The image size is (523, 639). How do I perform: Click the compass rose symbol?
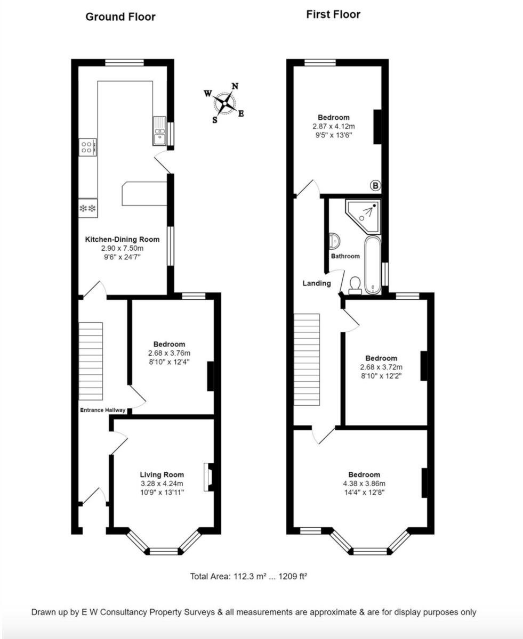[x=224, y=103]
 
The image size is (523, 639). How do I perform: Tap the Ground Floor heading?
[x=120, y=17]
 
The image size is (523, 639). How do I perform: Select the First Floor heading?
[x=333, y=15]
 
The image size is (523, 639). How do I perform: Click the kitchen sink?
[x=159, y=131]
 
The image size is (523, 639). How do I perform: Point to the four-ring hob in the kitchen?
[x=87, y=147]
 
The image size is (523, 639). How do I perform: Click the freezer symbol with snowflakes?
[x=87, y=208]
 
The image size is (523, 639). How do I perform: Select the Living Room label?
[x=162, y=474]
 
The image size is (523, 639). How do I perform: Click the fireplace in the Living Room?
[x=207, y=477]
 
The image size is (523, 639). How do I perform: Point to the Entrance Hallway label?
[x=103, y=410]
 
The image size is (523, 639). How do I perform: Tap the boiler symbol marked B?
[x=375, y=186]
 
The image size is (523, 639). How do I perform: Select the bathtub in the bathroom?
[x=372, y=265]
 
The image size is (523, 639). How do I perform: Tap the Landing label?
[x=317, y=283]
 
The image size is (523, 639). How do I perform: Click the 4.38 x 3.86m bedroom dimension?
[x=364, y=484]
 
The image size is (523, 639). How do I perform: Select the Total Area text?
[x=248, y=576]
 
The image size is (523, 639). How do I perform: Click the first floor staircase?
[x=307, y=359]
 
